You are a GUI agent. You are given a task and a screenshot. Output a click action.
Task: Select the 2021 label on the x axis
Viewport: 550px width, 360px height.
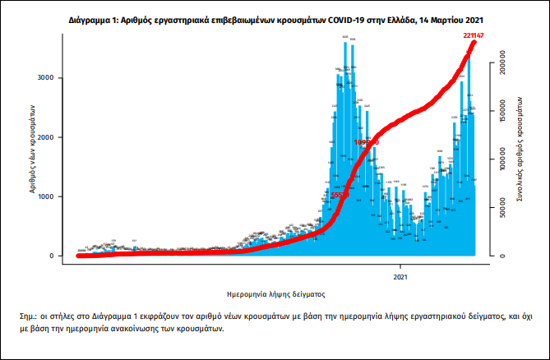[x=400, y=277]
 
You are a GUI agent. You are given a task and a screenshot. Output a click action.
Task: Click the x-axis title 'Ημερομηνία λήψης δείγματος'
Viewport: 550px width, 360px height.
[x=276, y=293]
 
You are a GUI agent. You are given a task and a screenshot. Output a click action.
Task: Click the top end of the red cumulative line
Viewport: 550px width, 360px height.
[x=474, y=42]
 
